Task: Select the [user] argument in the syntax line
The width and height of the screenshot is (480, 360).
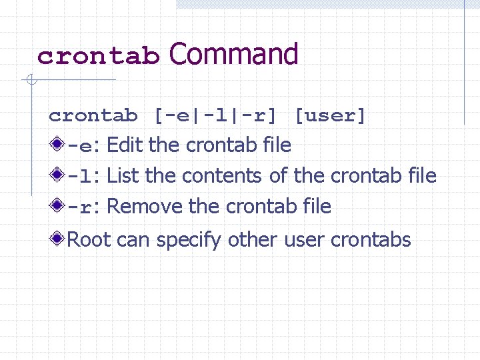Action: pyautogui.click(x=331, y=116)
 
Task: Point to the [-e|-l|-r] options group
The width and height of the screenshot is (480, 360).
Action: pyautogui.click(x=215, y=116)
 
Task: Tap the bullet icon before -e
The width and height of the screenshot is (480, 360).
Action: pyautogui.click(x=58, y=144)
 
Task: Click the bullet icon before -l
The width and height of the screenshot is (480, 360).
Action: pyautogui.click(x=58, y=175)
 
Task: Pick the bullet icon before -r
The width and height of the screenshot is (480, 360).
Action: pyautogui.click(x=58, y=205)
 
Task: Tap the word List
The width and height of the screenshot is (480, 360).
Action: pyautogui.click(x=123, y=175)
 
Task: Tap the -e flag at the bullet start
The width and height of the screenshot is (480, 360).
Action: pyautogui.click(x=81, y=145)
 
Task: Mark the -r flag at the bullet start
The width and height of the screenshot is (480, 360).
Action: pyautogui.click(x=81, y=207)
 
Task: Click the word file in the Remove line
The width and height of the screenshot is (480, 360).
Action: pyautogui.click(x=317, y=206)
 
